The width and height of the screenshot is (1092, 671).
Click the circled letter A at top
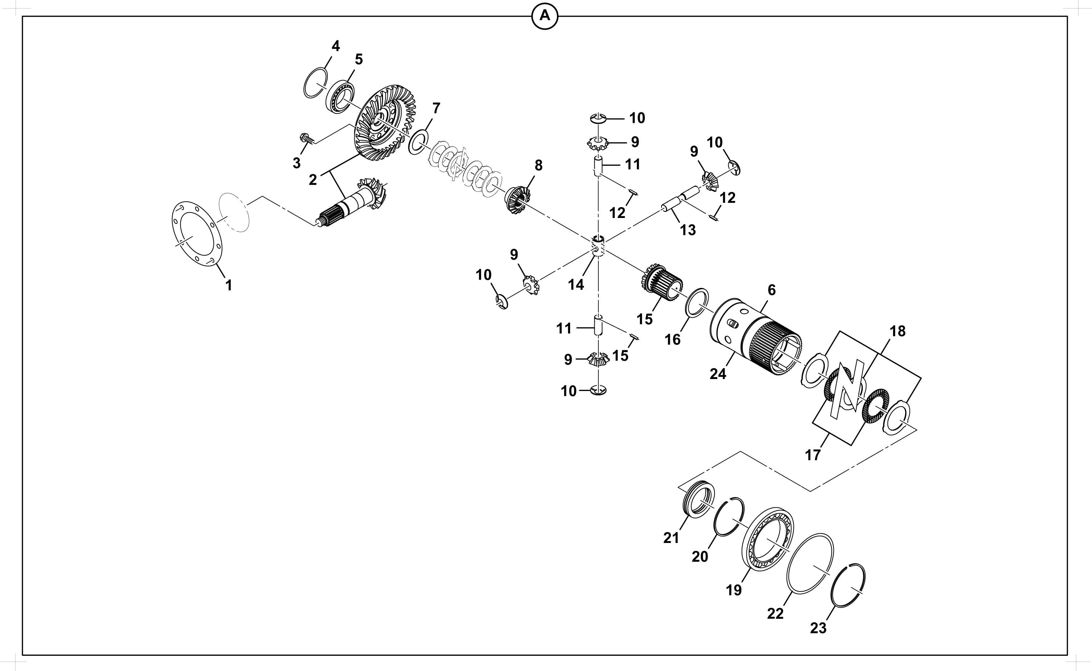point(544,16)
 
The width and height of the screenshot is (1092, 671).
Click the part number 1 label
point(228,285)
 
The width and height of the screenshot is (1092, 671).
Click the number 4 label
point(336,46)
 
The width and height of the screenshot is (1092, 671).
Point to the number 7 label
point(436,108)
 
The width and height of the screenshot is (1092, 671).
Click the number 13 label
point(688,230)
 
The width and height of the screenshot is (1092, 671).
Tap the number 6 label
point(772,290)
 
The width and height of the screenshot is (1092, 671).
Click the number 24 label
point(717,374)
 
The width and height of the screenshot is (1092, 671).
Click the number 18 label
point(897,331)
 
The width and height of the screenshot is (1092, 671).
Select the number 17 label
point(813,455)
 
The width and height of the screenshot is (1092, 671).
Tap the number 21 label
point(671,538)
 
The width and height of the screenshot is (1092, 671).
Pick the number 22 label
point(775,614)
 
